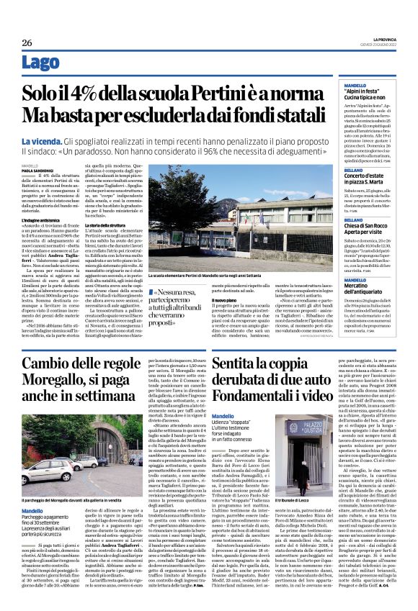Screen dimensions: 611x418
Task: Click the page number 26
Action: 26,42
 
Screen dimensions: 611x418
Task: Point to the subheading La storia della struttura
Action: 110,245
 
